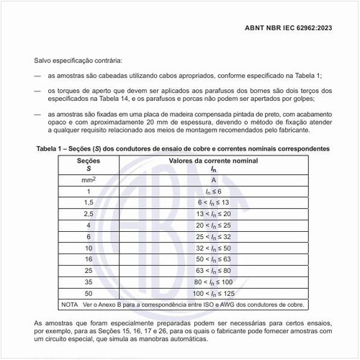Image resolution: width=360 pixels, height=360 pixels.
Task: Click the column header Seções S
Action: coord(89,165)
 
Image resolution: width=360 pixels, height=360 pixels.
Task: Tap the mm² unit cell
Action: coord(89,179)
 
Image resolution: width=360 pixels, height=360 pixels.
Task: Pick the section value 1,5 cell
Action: coord(89,203)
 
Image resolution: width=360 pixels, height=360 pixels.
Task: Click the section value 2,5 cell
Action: coord(89,215)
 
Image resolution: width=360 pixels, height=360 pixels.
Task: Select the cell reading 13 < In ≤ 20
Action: coord(215,215)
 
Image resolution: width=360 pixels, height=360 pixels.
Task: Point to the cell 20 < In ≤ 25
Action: coord(215,226)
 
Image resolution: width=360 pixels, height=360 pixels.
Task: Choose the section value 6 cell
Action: coord(89,237)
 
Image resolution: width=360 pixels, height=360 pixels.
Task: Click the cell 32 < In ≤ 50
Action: coord(215,248)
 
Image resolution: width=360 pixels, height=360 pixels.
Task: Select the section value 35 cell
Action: coord(89,282)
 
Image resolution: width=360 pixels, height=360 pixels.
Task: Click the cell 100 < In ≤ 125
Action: coord(215,294)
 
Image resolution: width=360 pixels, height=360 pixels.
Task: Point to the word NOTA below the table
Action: coord(70,305)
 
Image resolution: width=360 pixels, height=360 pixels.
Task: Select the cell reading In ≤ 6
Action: coord(215,192)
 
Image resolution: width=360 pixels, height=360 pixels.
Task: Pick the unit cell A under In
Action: coord(215,179)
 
